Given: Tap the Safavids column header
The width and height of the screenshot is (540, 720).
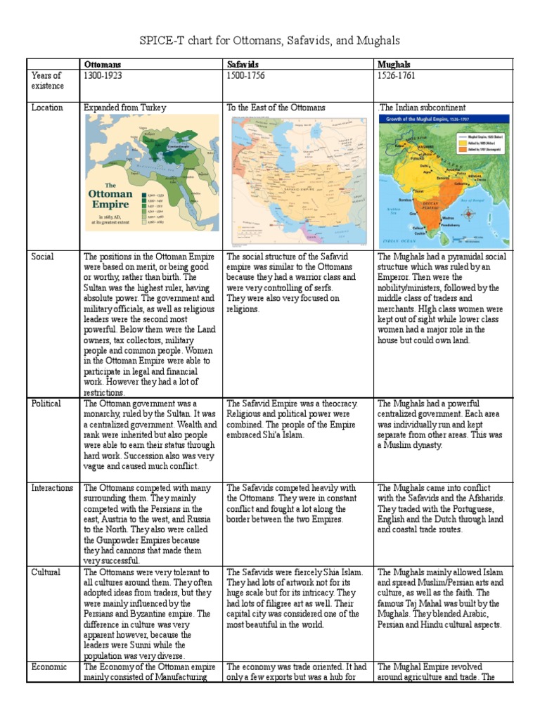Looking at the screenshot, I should (x=243, y=65).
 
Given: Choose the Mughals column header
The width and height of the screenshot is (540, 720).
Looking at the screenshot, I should (x=394, y=65).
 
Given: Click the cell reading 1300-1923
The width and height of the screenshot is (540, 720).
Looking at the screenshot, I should (x=103, y=75).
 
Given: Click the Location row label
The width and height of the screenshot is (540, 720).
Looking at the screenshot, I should (x=47, y=108).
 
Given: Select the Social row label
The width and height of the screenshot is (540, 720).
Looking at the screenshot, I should (x=43, y=257).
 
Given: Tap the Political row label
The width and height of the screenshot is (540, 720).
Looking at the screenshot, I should (x=46, y=404).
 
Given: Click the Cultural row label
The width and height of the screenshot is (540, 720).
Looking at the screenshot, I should (x=46, y=572).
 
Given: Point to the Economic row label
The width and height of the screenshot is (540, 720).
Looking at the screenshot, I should (x=49, y=667).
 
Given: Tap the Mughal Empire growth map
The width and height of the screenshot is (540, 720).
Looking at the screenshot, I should (x=444, y=179).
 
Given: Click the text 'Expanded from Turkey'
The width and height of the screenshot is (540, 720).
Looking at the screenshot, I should (x=125, y=108).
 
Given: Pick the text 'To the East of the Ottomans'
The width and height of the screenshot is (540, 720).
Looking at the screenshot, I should (x=276, y=108).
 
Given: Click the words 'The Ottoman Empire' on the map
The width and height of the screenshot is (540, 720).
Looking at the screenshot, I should (x=110, y=198).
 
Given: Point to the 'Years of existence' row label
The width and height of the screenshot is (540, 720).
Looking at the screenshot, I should (x=47, y=80).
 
